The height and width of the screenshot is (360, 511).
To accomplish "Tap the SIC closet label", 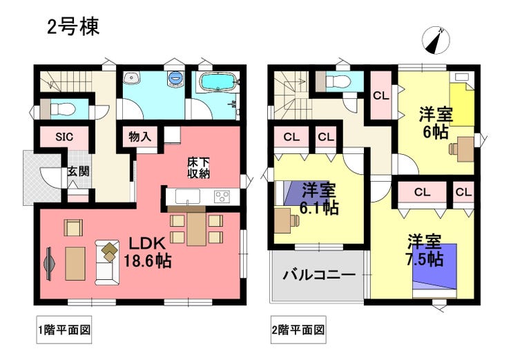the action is click(x=64, y=137).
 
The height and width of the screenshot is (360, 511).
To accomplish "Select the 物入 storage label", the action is click(x=139, y=137).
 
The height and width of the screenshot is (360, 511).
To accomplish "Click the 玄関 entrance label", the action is click(x=78, y=171).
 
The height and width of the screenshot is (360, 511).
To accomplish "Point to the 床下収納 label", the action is click(x=198, y=168).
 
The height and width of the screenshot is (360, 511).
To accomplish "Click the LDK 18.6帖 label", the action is click(x=148, y=252).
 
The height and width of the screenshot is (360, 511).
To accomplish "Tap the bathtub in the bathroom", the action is click(x=216, y=82).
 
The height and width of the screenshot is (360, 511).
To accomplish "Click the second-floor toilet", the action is click(x=336, y=80).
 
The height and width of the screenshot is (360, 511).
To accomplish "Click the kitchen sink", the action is click(x=187, y=197).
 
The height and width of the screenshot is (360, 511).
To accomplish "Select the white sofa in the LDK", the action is click(x=107, y=263).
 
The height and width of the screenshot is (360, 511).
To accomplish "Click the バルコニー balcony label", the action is click(x=318, y=276).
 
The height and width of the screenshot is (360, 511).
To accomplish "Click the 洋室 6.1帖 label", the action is click(x=319, y=199).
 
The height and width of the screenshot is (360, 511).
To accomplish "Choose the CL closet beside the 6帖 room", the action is click(x=381, y=95).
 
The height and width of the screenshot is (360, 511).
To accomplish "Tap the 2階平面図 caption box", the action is click(x=298, y=330).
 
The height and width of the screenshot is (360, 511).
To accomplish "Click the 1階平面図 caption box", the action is click(x=64, y=330).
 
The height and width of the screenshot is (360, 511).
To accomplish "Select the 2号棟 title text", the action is click(x=73, y=26).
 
